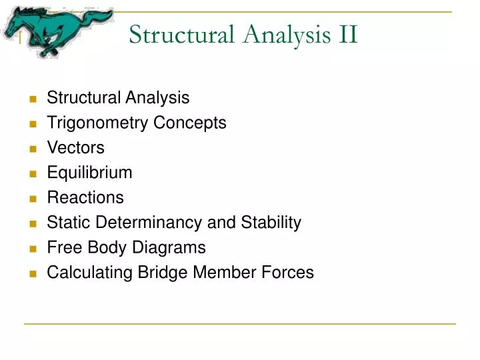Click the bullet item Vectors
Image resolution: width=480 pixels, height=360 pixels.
click(x=75, y=147)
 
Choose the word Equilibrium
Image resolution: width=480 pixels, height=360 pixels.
click(x=89, y=173)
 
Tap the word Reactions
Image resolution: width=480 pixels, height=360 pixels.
click(x=85, y=197)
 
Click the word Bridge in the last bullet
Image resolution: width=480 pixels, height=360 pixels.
click(x=164, y=273)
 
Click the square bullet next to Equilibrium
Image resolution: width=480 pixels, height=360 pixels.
click(x=32, y=173)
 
